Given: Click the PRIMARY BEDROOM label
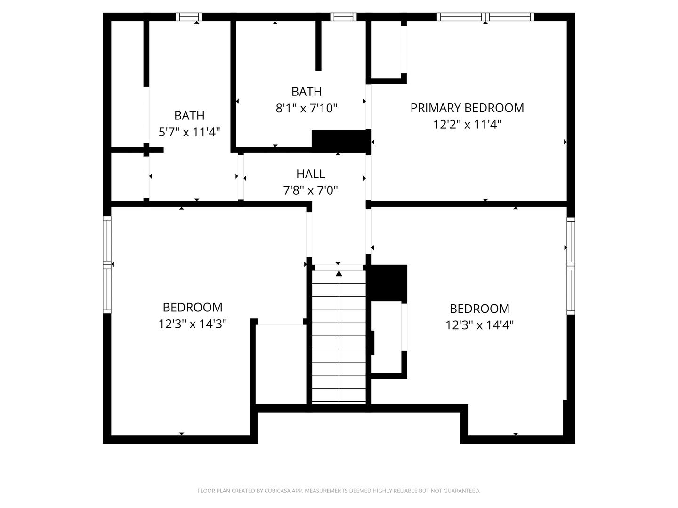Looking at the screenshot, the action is (467, 108).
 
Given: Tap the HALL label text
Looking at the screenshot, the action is (310, 174).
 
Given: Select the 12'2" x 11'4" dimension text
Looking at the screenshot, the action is (467, 125).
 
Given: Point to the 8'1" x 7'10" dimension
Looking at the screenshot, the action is (306, 108).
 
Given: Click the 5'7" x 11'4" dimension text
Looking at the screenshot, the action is (189, 132).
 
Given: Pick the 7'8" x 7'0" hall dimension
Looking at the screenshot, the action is (310, 190).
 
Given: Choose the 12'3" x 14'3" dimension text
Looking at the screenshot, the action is (193, 324).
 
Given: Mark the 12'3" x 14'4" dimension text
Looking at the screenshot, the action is (479, 325).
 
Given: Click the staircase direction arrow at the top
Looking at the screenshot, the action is (339, 273).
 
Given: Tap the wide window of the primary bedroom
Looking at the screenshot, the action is (485, 16).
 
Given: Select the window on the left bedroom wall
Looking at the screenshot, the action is (107, 265).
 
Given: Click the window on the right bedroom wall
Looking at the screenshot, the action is (571, 266).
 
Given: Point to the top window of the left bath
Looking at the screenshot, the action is (189, 16).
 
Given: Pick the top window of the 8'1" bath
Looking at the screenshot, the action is (343, 16).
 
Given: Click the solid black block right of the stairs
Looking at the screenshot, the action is (388, 283).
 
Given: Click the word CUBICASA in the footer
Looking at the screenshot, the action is (277, 491).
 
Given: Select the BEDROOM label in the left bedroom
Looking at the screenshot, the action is (193, 308).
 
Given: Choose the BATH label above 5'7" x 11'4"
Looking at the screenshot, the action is (189, 116).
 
